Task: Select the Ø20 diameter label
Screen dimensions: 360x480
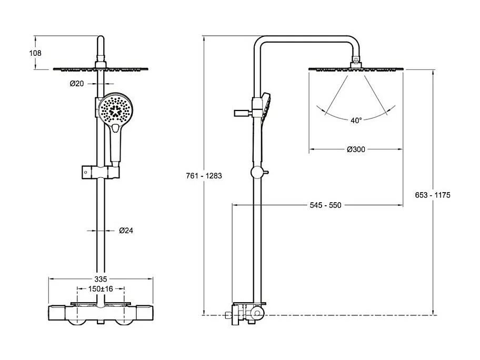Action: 77,84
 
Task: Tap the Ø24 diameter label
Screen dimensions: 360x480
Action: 125,230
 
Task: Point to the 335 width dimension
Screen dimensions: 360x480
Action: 101,279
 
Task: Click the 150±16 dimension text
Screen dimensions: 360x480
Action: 101,289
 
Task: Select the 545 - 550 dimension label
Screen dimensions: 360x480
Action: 325,205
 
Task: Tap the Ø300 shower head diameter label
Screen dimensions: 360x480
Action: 356,149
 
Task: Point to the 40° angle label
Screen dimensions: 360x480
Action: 356,121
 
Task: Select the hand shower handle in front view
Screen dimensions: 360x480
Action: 116,145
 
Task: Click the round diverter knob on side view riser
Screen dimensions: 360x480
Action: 257,172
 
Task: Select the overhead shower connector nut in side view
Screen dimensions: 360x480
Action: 356,62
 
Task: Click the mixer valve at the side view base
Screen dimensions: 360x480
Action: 247,314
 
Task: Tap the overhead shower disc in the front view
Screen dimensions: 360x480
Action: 101,69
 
